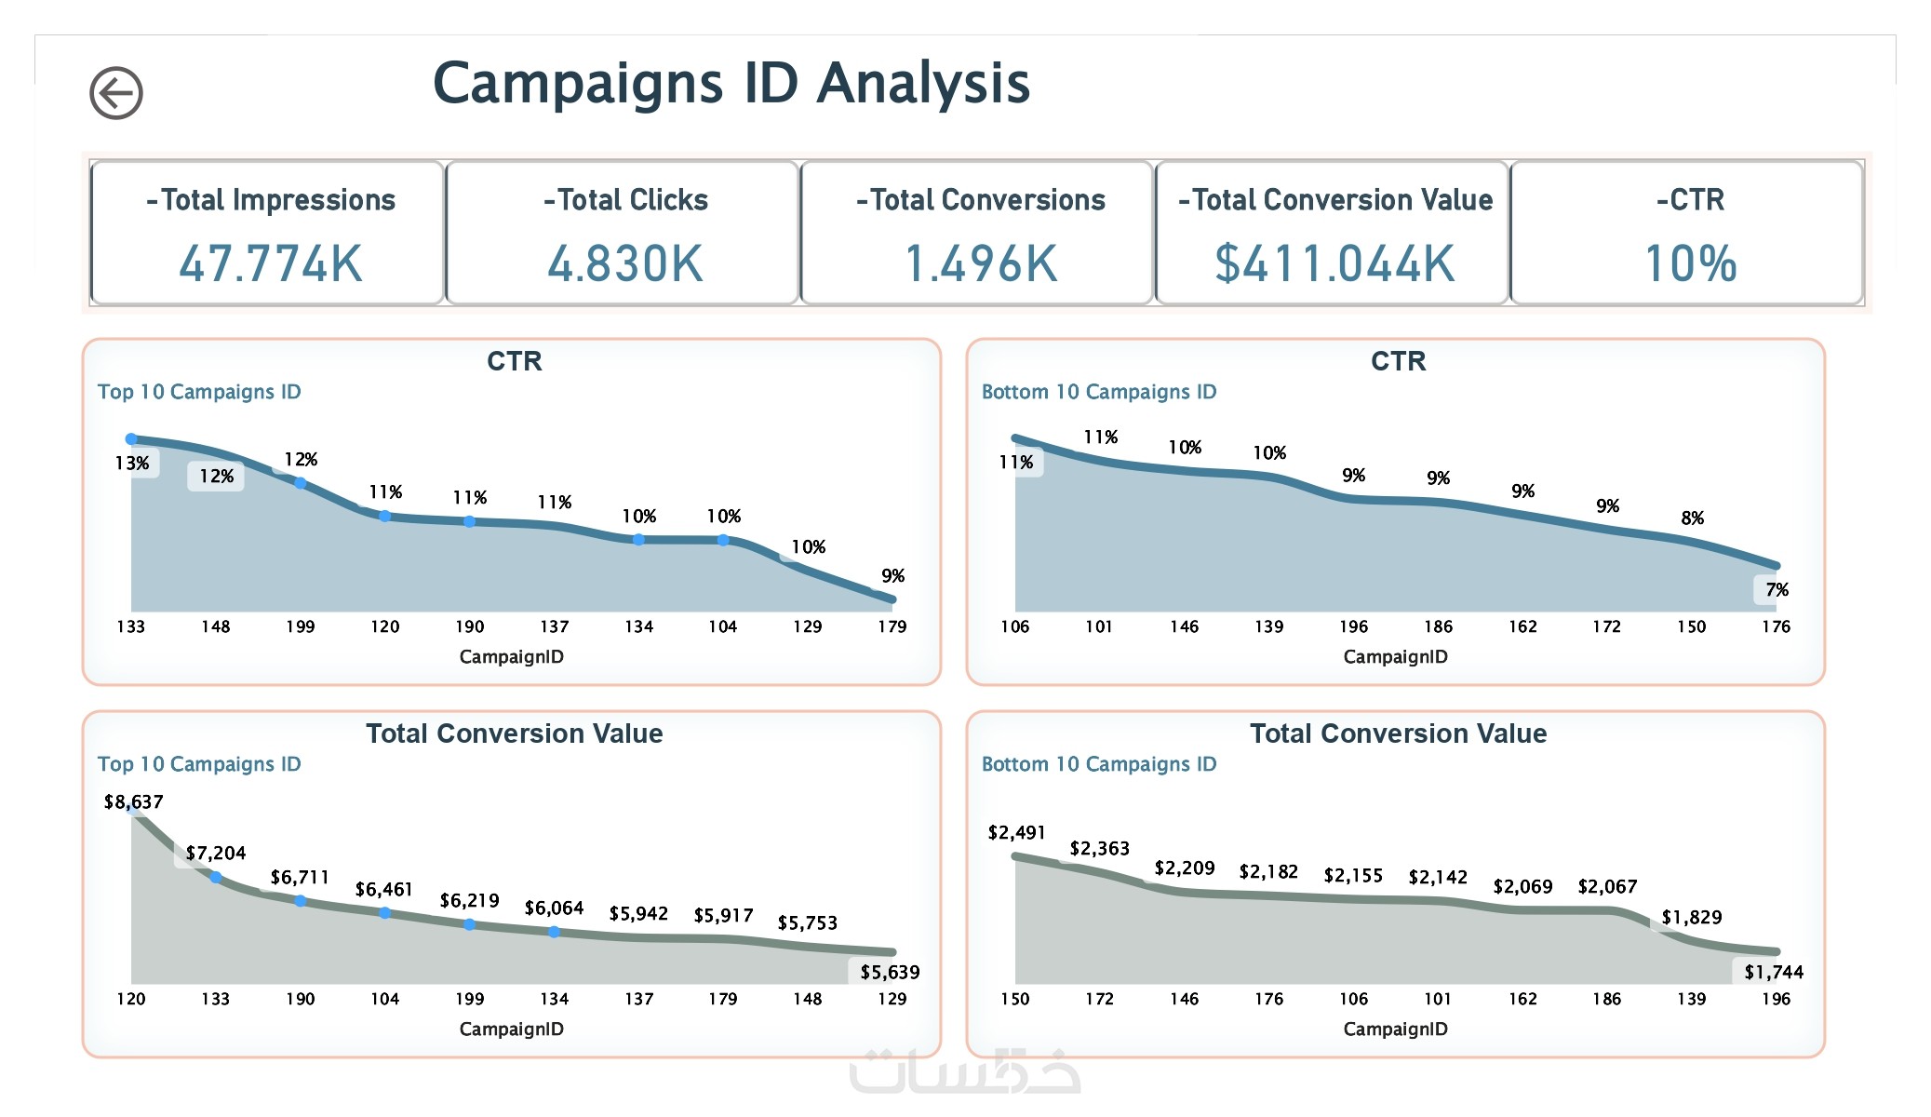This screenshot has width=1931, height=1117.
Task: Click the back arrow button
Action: [x=116, y=93]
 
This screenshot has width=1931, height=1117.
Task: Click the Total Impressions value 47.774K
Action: [x=270, y=263]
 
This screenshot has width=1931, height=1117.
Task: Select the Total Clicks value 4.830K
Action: [x=624, y=263]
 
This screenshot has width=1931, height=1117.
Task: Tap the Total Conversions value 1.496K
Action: [x=980, y=263]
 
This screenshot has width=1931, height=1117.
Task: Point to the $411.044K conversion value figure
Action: [x=1334, y=263]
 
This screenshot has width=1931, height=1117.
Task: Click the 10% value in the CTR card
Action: [x=1690, y=263]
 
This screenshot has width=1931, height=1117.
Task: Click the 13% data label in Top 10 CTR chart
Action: [x=132, y=463]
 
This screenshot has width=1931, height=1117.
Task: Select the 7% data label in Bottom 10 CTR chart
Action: [x=1777, y=589]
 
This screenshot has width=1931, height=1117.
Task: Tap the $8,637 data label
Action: [x=133, y=801]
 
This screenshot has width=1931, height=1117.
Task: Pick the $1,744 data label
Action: [x=1774, y=972]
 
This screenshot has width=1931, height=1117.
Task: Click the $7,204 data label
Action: [x=216, y=853]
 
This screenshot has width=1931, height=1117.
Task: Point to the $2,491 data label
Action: [x=1016, y=832]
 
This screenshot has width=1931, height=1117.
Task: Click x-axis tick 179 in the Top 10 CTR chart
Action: [x=892, y=626]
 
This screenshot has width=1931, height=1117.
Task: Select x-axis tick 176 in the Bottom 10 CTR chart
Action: [x=1776, y=626]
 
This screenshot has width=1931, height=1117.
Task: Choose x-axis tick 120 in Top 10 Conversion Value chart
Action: [x=131, y=999]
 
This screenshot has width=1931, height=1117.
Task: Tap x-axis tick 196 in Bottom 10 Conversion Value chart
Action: [x=1776, y=999]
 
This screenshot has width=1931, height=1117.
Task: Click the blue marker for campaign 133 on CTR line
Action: [x=131, y=438]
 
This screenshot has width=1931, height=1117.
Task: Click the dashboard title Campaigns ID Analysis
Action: [x=731, y=83]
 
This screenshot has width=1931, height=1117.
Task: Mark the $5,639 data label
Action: [x=890, y=972]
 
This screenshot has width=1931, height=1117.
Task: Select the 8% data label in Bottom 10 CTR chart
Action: [x=1692, y=518]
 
